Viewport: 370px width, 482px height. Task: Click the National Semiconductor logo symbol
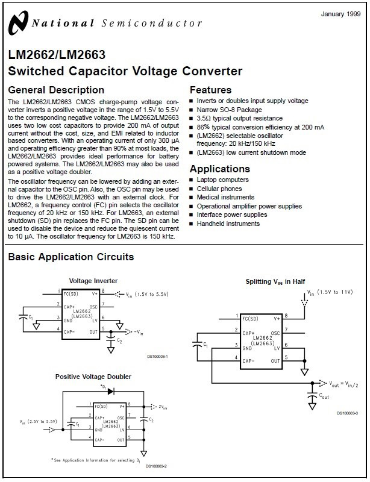coord(19,23)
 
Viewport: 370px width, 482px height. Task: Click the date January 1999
coord(341,14)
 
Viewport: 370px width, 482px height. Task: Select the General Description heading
coord(56,90)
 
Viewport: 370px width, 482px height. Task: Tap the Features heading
coord(211,90)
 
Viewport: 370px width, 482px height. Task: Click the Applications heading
coord(220,169)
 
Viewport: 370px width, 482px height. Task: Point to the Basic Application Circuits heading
coord(71,257)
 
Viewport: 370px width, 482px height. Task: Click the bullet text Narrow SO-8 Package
coord(229,110)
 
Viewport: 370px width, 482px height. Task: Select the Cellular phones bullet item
coord(219,189)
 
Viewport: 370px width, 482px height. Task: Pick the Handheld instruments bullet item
coord(228,224)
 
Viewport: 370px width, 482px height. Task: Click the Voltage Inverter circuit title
coord(93,281)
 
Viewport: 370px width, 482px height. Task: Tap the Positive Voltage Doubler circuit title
coord(93,377)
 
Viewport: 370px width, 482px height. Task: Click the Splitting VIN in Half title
coord(275,281)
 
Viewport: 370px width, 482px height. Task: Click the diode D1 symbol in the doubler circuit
coord(111,391)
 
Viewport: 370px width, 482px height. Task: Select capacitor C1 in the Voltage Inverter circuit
coord(23,317)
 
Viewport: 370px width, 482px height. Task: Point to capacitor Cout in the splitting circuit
coord(312,395)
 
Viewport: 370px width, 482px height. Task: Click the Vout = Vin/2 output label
coord(343,384)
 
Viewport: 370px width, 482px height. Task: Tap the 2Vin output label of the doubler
coord(163,407)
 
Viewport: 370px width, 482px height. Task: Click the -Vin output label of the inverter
coord(139,333)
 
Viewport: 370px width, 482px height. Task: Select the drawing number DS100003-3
coord(348,413)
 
